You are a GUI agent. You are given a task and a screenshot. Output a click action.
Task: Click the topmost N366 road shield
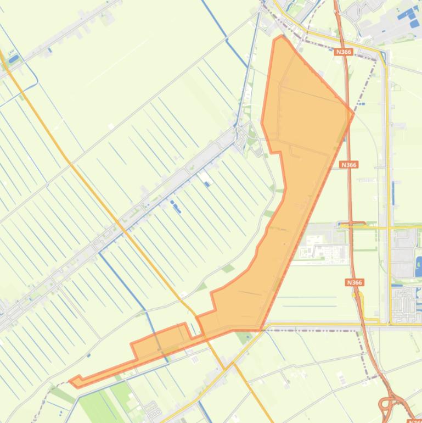(343, 52)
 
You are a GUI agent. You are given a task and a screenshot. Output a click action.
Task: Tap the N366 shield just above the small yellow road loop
(355, 282)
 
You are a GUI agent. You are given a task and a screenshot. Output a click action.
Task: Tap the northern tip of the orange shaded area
(281, 37)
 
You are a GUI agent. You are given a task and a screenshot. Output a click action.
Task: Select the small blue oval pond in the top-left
(14, 58)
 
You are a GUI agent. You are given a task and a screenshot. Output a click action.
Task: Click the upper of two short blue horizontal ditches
(307, 298)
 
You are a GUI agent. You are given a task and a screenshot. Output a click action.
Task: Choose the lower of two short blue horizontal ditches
(307, 305)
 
